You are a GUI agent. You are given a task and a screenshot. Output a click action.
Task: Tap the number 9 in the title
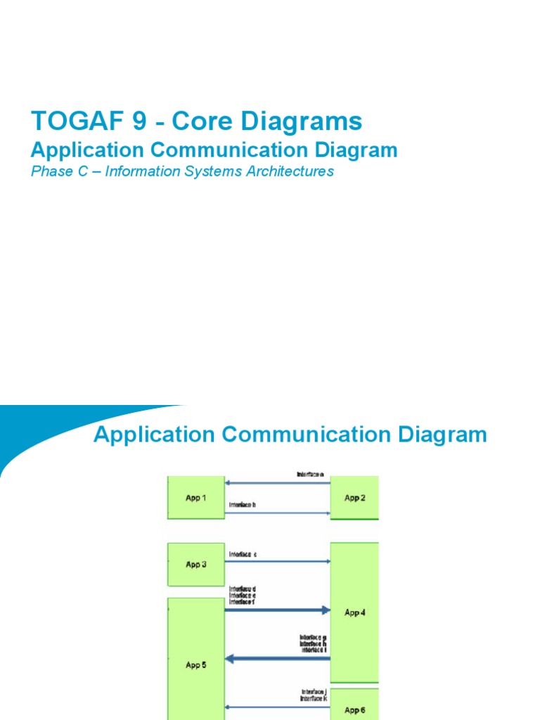[x=128, y=122]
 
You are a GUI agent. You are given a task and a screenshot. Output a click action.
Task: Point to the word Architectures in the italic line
[x=289, y=172]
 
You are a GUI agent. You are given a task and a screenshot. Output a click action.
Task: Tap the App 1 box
[x=195, y=498]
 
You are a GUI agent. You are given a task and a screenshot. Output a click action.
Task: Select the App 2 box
[x=354, y=498]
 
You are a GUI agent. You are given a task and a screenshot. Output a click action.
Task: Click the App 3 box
[x=195, y=564]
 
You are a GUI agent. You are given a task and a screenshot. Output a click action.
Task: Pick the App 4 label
[x=354, y=612]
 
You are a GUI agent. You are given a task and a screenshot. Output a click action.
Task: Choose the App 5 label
[x=195, y=664]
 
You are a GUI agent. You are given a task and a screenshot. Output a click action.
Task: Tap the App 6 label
[x=354, y=709]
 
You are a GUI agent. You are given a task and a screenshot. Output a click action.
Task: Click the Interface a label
[x=310, y=475]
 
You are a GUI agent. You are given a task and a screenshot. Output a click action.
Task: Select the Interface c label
[x=243, y=554]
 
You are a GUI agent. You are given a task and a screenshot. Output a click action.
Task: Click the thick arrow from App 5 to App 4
[x=277, y=610]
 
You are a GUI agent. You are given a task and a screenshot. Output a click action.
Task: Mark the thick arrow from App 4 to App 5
[x=277, y=659]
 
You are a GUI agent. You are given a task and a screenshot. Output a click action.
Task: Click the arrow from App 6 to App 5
[x=277, y=707]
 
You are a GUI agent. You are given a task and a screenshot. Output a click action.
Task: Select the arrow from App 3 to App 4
[x=277, y=561]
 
